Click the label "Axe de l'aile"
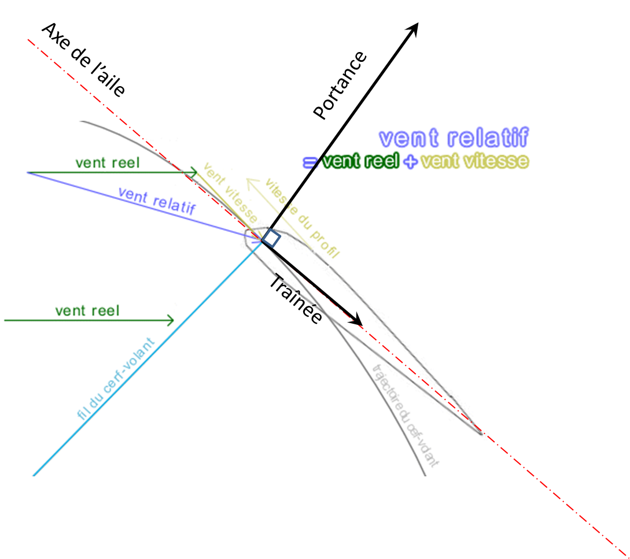point(84,60)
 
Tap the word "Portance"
point(340,85)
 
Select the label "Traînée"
point(295,299)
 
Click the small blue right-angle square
point(271,238)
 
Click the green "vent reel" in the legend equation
point(360,161)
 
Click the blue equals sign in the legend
point(310,162)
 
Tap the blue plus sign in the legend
point(410,162)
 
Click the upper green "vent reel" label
point(108,163)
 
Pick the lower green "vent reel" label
point(87,311)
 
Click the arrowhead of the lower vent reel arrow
point(170,320)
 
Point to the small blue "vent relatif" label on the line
point(156,201)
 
